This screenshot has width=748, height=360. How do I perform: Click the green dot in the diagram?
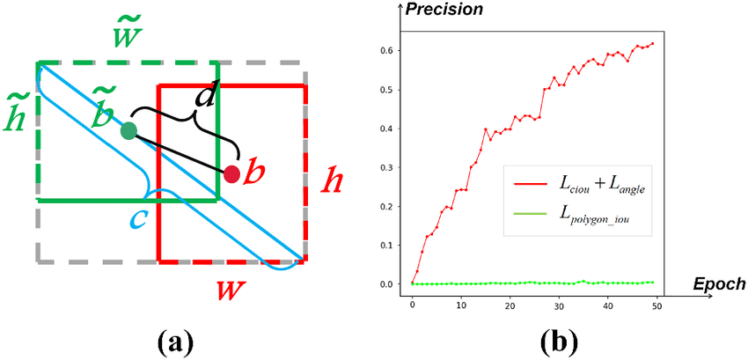pyautogui.click(x=128, y=131)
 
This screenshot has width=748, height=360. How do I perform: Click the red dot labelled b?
pyautogui.click(x=231, y=173)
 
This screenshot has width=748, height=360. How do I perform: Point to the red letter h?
pyautogui.click(x=332, y=182)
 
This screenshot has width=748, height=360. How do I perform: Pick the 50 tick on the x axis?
pyautogui.click(x=656, y=305)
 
